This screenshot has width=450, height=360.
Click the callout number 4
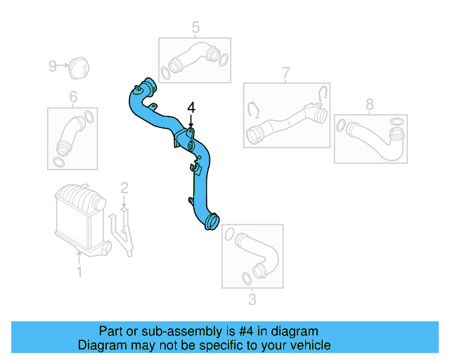click(x=191, y=108)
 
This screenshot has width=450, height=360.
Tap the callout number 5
click(x=195, y=27)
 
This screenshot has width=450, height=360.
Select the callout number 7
click(x=285, y=73)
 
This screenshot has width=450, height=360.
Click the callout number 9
click(x=52, y=66)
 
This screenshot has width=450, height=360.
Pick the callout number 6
click(x=73, y=97)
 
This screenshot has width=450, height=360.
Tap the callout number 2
click(x=124, y=188)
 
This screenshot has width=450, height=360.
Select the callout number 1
click(x=79, y=271)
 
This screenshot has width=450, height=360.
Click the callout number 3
click(x=252, y=301)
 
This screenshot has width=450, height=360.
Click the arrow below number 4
click(x=191, y=121)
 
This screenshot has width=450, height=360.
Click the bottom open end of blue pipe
click(x=212, y=226)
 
